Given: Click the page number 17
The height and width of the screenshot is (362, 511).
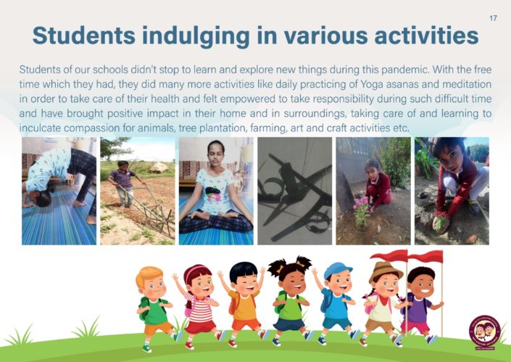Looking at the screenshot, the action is click(493, 18).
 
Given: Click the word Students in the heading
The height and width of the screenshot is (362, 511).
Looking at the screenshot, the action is click(84, 36).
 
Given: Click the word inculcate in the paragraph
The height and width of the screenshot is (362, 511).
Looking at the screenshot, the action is click(40, 128).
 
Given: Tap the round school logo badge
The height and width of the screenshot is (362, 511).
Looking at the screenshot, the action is click(485, 332).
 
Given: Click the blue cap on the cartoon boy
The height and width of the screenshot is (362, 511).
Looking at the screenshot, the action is click(338, 270).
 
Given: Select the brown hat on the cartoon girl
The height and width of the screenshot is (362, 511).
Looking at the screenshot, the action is click(385, 271).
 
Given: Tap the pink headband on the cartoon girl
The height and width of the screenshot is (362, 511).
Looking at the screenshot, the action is click(196, 271).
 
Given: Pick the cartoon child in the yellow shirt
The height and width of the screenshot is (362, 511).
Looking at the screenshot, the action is click(244, 304).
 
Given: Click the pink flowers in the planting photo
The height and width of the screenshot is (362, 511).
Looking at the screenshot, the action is click(361, 204).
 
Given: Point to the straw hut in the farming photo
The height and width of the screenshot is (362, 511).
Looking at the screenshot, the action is click(159, 167).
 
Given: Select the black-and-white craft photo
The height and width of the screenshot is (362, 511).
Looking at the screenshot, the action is click(294, 191).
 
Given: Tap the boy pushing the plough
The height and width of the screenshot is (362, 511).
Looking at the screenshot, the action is click(124, 184).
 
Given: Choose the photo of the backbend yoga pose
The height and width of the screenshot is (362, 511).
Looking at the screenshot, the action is click(59, 191).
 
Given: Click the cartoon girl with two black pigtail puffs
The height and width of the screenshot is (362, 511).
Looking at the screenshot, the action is click(289, 300).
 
